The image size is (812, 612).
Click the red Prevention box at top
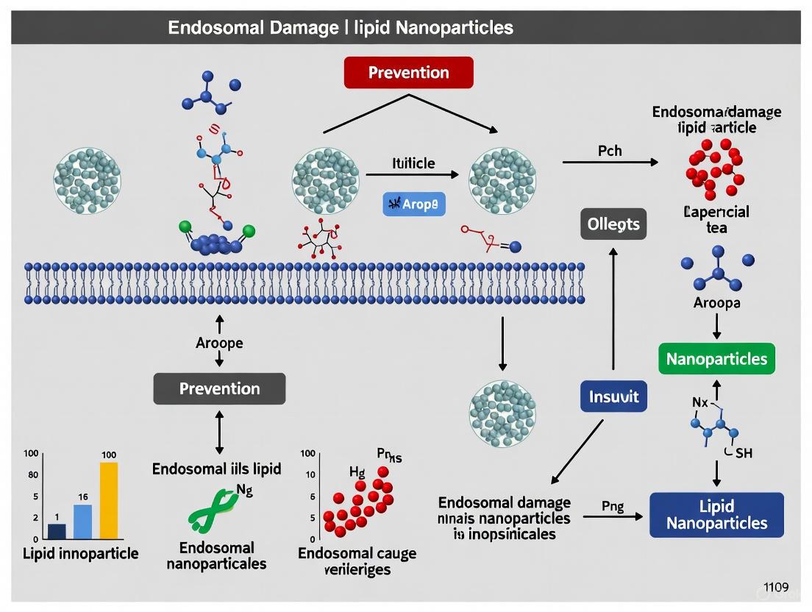pyautogui.click(x=408, y=73)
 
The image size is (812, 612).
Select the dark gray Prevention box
pyautogui.click(x=219, y=388)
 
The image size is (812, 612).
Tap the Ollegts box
pyautogui.click(x=613, y=224)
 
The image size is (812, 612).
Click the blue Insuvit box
pyautogui.click(x=614, y=397)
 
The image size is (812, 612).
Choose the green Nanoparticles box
pyautogui.click(x=716, y=359)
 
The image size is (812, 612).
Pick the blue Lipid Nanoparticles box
pyautogui.click(x=716, y=515)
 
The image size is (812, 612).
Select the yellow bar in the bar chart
pyautogui.click(x=108, y=500)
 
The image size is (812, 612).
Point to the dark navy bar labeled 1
pyautogui.click(x=57, y=530)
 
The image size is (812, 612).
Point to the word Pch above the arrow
pyautogui.click(x=609, y=151)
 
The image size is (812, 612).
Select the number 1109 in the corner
pyautogui.click(x=775, y=587)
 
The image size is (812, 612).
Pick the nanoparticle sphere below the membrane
pyautogui.click(x=502, y=413)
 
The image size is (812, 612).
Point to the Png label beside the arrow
pyautogui.click(x=612, y=506)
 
